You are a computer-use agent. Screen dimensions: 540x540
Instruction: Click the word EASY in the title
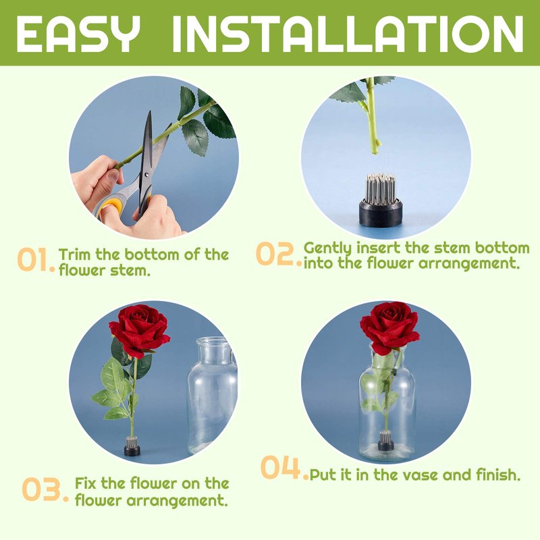78,34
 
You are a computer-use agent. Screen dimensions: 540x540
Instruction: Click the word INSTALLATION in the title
348,34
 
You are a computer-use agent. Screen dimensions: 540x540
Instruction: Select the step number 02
278,254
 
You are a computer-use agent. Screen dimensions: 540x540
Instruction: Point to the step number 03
45,489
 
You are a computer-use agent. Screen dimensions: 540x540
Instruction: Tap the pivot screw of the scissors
147,175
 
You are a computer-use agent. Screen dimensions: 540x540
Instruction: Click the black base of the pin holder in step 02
381,212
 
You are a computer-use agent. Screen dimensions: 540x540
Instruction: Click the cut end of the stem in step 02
374,151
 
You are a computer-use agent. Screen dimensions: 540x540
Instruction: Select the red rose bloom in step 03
140,329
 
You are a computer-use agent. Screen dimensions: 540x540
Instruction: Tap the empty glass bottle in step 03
212,396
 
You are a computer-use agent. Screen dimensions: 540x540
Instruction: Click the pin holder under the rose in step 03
132,446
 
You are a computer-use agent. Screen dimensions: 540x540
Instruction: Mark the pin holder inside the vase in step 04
386,441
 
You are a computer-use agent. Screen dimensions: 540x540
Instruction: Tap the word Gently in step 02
328,248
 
